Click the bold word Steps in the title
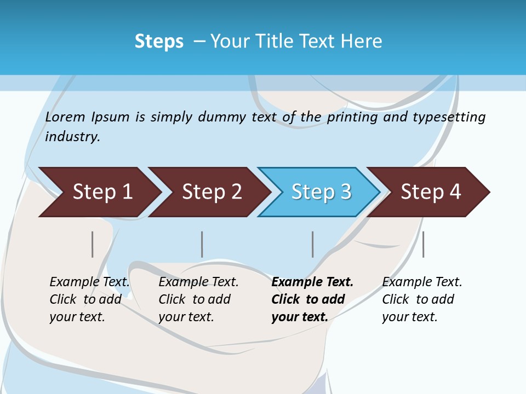pos(159,42)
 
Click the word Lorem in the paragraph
pos(65,117)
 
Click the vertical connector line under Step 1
pos(93,244)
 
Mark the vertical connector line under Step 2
pos(202,244)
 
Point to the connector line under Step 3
pos(313,244)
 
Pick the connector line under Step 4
pos(423,244)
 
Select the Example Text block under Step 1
pos(89,299)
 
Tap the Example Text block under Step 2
pos(198,299)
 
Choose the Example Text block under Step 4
pos(422,299)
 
